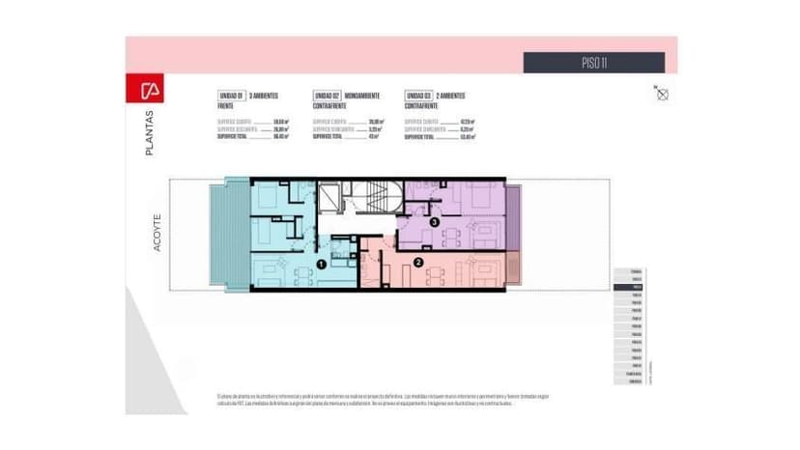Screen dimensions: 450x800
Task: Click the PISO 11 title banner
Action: (593, 63)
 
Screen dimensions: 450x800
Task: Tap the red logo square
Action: (149, 92)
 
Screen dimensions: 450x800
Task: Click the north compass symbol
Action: (662, 94)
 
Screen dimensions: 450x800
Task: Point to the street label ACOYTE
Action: (157, 233)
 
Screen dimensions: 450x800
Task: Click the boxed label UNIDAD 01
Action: (231, 96)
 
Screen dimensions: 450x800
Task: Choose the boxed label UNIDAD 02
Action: (325, 96)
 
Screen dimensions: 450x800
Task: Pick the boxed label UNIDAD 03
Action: (417, 96)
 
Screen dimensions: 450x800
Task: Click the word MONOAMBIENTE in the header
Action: (361, 96)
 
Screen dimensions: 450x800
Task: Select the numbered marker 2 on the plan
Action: (417, 261)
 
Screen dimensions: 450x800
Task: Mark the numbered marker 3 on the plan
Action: (435, 222)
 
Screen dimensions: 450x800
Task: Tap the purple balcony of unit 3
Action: (513, 217)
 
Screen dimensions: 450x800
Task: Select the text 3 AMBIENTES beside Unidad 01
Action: (265, 96)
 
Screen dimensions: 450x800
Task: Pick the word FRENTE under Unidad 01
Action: (226, 105)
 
